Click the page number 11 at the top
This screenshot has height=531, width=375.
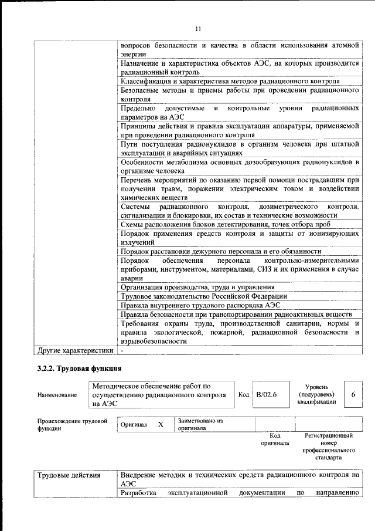click(x=198, y=29)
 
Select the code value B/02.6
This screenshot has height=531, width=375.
click(x=266, y=394)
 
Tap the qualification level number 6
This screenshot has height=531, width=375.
click(x=353, y=394)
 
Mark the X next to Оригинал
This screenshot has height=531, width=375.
click(x=160, y=424)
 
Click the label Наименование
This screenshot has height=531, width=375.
click(x=57, y=395)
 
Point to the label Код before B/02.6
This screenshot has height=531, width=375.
click(x=244, y=394)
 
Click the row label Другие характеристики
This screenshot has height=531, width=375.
click(x=75, y=351)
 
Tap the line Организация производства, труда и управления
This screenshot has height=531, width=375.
click(x=197, y=287)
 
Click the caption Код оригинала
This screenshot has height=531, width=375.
click(x=275, y=439)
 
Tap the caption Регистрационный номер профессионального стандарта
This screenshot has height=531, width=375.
click(x=328, y=447)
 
